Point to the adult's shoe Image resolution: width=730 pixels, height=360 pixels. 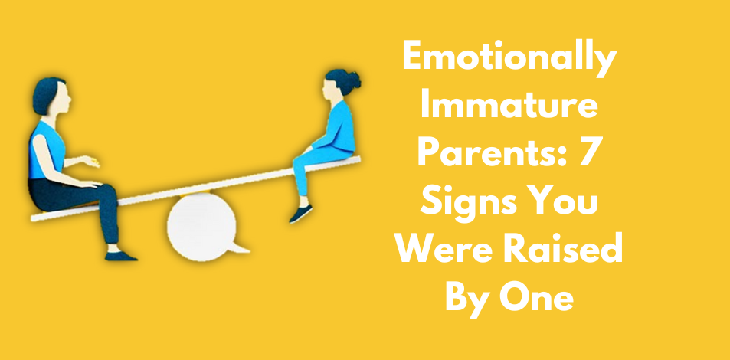[x=120, y=256]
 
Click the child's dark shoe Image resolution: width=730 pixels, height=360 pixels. [x=301, y=214]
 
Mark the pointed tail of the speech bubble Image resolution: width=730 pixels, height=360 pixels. [x=241, y=248]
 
